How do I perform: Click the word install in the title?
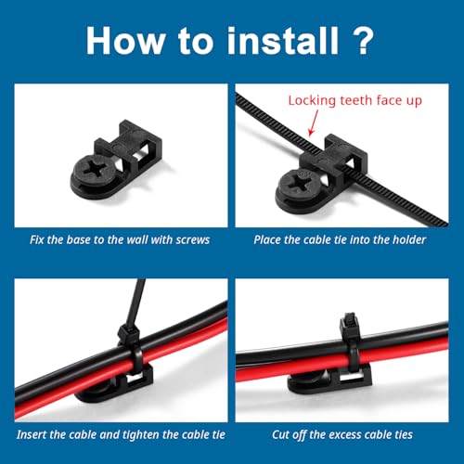point(283,41)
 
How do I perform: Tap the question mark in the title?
point(362,41)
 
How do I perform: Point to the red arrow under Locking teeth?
point(313,122)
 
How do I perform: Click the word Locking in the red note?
point(312,101)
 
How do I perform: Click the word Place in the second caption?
point(267,239)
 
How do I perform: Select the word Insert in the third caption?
point(32,434)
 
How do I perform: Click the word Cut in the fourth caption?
point(280,434)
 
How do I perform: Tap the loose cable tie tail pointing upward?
point(135,302)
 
